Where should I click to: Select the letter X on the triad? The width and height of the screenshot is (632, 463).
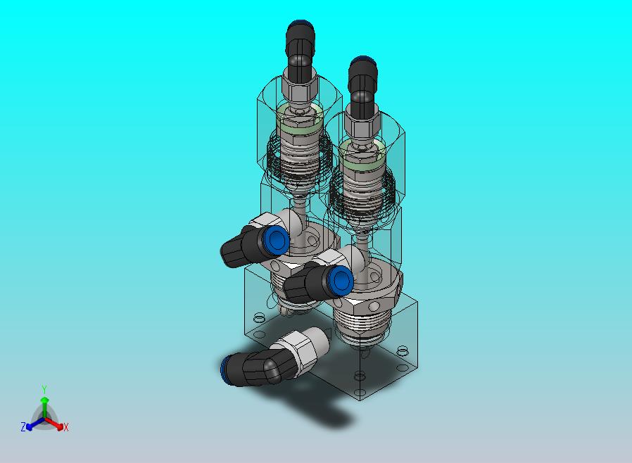coord(66,427)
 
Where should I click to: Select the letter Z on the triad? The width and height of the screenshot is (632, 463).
coord(23,426)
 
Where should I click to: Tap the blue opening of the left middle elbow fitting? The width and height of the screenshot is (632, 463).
coord(277,241)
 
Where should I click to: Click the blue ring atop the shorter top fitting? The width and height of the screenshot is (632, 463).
coord(362,58)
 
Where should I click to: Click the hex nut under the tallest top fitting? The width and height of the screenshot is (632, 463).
coord(298,89)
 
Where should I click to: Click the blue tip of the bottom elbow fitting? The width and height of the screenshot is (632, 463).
coord(225,368)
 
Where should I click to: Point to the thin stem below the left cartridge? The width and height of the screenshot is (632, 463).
coord(301,205)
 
